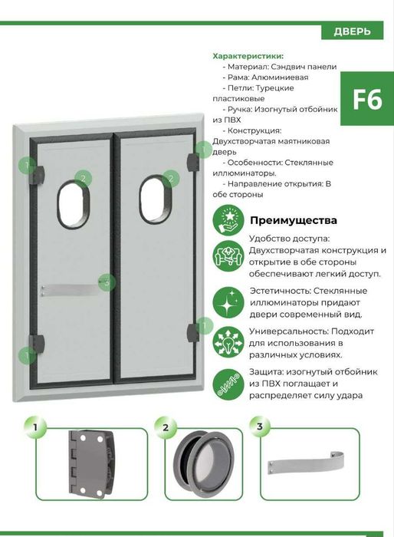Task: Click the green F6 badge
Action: click(366, 101)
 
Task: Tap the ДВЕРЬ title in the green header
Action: click(353, 31)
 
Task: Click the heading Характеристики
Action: click(248, 56)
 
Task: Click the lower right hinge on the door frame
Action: click(192, 331)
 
